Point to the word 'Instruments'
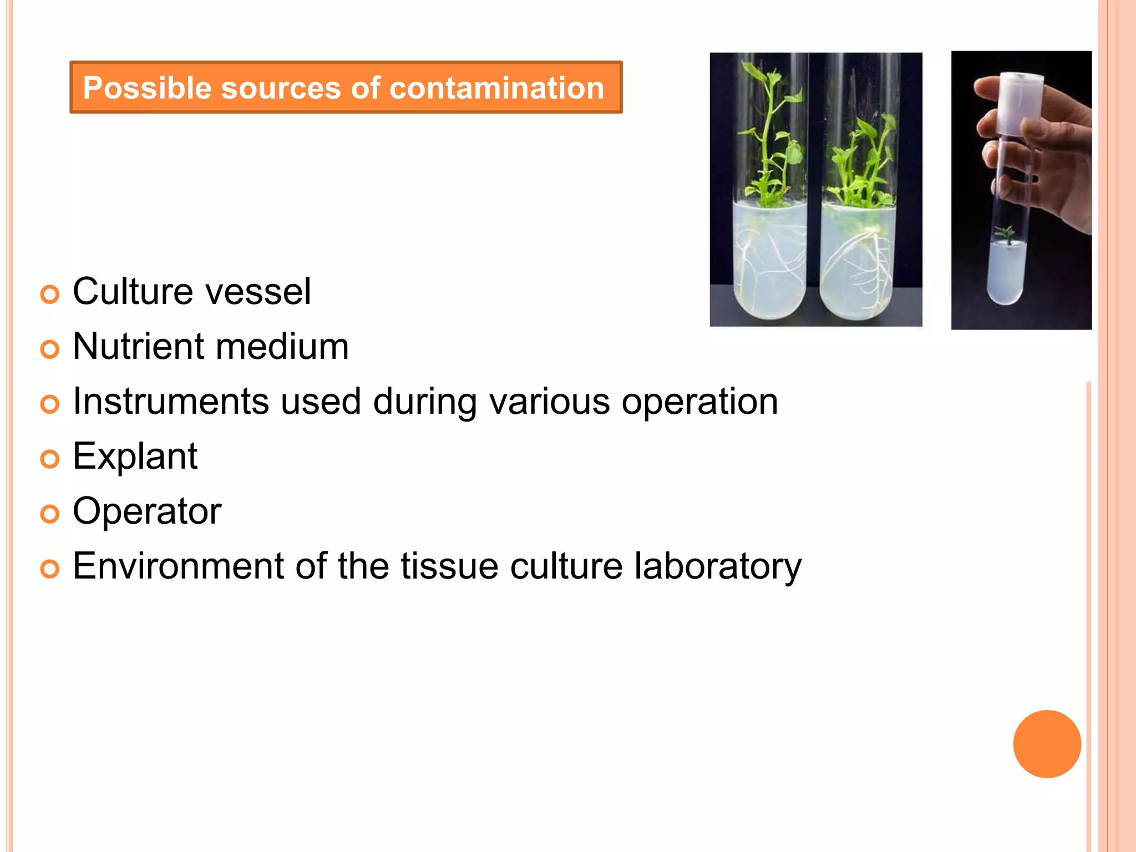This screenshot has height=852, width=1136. click(x=171, y=401)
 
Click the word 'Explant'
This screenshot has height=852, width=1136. click(x=135, y=457)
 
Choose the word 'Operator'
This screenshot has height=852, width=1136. click(x=147, y=511)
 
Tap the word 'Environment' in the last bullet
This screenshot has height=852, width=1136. click(x=178, y=566)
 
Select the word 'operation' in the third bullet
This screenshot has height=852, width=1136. click(x=699, y=401)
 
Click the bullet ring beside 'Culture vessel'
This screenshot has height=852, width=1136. click(x=50, y=295)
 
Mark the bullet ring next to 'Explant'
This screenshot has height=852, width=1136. click(x=50, y=459)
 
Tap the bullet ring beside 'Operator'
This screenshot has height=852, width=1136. click(x=50, y=514)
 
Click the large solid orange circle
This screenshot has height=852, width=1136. click(x=1047, y=744)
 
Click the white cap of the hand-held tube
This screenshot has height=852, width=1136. click(x=1021, y=103)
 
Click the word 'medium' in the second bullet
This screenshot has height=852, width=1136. click(x=282, y=347)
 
